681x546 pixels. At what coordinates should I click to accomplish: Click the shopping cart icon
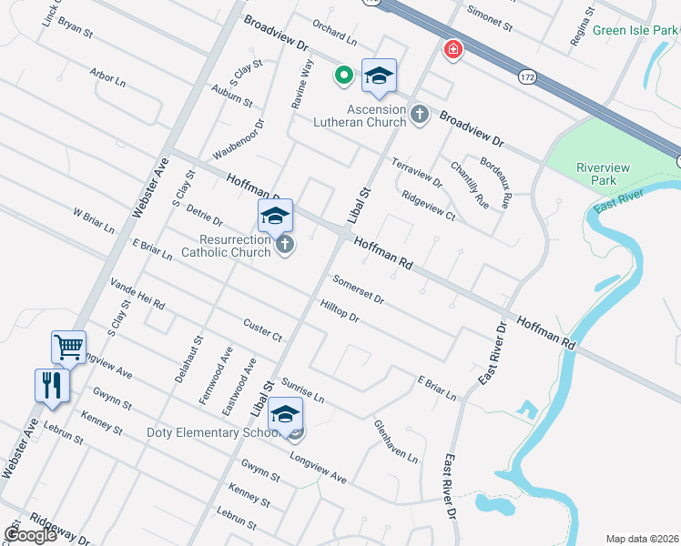point(69,347)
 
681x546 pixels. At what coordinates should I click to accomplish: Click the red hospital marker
point(452,49)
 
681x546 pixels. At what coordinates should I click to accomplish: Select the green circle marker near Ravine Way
point(344,75)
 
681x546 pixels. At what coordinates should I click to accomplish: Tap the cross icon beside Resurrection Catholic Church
point(285,244)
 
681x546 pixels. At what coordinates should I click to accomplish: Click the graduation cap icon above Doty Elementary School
point(286,413)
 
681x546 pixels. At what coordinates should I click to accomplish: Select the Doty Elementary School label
point(211,432)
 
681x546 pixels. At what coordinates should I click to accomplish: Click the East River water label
point(617,201)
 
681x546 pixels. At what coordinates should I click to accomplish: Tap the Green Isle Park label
point(635,31)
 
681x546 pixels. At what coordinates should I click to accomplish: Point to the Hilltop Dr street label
point(340,311)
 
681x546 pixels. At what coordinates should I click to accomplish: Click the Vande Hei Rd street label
point(137,293)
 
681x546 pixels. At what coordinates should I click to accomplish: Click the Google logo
point(30,535)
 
